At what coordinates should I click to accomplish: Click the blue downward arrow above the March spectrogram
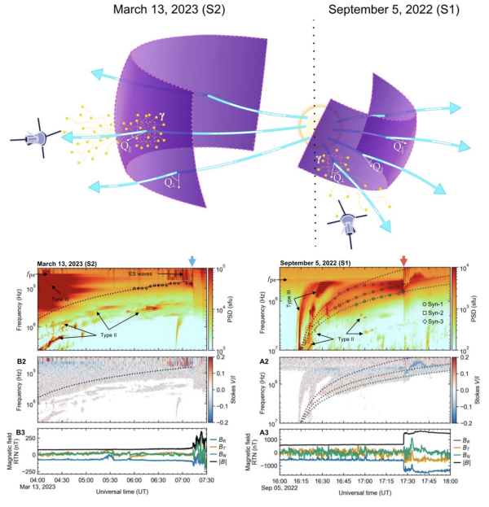pos(192,260)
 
